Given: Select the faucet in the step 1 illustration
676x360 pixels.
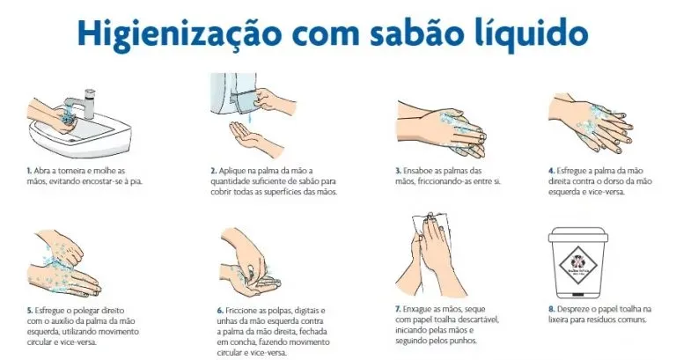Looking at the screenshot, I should [88, 98].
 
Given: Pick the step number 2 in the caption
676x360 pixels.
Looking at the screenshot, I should [213, 171].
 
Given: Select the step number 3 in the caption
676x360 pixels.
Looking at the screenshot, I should [398, 171].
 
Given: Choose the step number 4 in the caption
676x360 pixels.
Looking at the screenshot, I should [551, 171].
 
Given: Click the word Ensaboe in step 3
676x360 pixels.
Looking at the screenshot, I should [419, 171].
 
